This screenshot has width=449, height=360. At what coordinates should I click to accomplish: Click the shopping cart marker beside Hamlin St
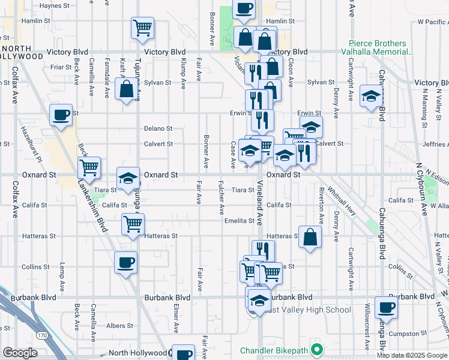[142, 28]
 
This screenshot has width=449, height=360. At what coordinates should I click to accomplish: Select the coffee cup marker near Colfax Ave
[61, 115]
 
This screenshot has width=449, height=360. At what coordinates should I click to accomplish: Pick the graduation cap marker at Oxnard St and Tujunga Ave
[127, 178]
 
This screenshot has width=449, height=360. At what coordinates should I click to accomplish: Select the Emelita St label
[240, 221]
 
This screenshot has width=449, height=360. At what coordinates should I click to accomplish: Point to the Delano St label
[158, 128]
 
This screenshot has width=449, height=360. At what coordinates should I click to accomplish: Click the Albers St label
[120, 326]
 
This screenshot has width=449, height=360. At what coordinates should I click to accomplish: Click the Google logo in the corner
[20, 353]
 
